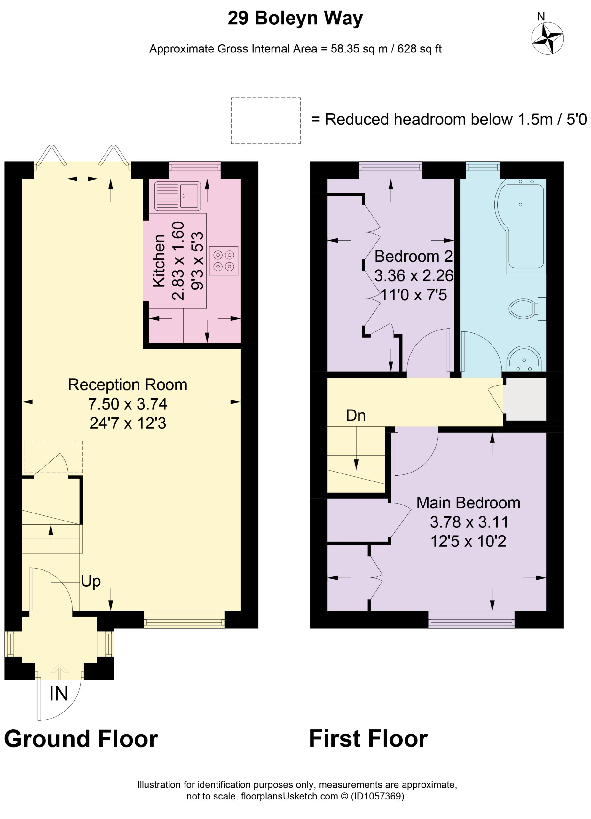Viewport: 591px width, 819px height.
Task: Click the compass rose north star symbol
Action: pos(547,38)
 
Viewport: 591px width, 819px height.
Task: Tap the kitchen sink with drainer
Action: pos(177,196)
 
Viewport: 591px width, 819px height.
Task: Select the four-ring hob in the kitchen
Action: pos(224,261)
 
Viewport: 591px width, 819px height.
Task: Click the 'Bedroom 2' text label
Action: pos(414,256)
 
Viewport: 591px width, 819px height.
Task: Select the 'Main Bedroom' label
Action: pos(468,503)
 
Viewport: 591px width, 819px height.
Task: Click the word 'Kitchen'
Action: pos(159,261)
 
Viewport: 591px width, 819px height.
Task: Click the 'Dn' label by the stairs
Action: pos(356,416)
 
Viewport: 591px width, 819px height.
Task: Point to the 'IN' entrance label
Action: pos(59,694)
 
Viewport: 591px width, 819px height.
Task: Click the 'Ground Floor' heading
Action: pos(81,739)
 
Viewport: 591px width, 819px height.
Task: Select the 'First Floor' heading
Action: pos(368,739)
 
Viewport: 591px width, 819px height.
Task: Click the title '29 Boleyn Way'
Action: pos(295,18)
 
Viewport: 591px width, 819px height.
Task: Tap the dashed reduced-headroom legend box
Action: pos(266,121)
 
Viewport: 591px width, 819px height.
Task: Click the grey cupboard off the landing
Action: pos(524,399)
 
